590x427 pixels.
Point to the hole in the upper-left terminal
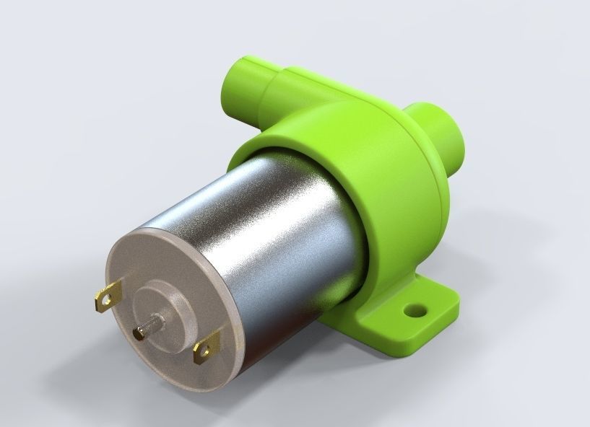click(x=109, y=293)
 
